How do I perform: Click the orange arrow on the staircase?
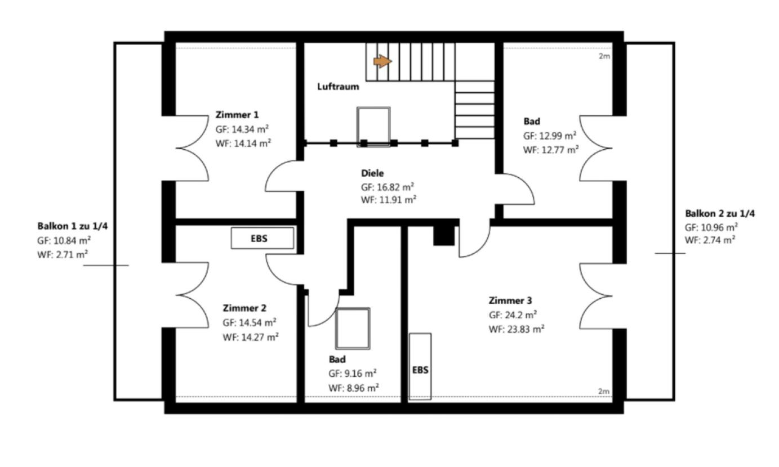[x=382, y=61]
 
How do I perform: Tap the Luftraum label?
[x=338, y=87]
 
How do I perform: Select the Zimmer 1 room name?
[x=237, y=115]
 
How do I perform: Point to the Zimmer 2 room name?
[x=244, y=308]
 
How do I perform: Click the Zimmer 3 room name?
[x=510, y=300]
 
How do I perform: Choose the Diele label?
[x=372, y=173]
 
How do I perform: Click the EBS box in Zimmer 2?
[x=262, y=239]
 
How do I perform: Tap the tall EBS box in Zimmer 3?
[x=420, y=367]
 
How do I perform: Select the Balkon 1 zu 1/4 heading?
[x=73, y=226]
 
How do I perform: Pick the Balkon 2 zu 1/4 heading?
[x=720, y=213]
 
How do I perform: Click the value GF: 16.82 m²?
[x=388, y=187]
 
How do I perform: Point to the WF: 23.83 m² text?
[x=517, y=329]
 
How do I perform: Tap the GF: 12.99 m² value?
[x=550, y=136]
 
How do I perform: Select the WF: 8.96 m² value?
[x=354, y=388]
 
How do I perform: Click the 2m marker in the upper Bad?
[x=604, y=56]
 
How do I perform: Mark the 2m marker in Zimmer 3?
[x=604, y=391]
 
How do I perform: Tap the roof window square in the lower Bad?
[x=353, y=329]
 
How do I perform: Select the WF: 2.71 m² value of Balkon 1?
[x=63, y=255]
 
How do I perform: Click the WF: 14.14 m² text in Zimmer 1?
[x=243, y=143]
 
